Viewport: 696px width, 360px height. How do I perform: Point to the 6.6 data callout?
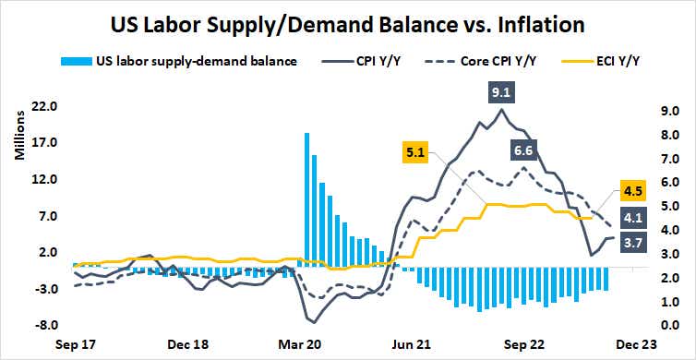(x=522, y=150)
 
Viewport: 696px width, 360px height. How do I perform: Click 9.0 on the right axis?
(x=671, y=107)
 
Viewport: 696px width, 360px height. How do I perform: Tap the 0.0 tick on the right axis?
(x=671, y=326)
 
